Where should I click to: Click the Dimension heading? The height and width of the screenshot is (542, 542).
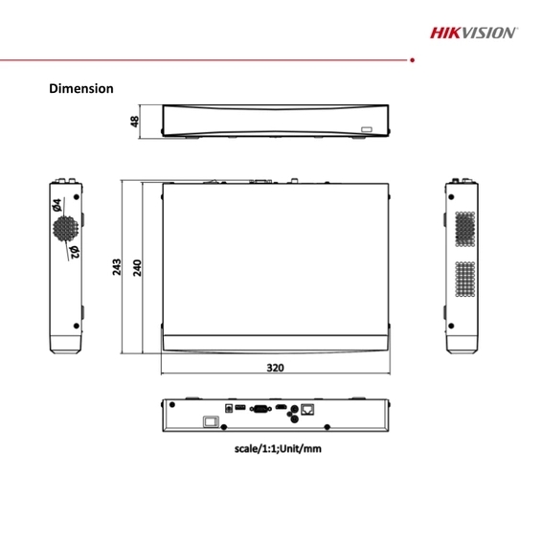[x=81, y=88]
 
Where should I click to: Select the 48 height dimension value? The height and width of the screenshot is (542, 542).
[x=135, y=122]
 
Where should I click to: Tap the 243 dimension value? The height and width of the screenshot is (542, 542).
[x=117, y=265]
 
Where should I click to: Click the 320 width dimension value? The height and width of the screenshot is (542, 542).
[x=275, y=367]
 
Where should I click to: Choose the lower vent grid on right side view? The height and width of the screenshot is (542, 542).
[x=464, y=281]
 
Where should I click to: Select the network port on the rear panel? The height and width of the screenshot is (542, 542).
[x=306, y=409]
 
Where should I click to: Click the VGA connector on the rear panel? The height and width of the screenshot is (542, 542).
[x=258, y=409]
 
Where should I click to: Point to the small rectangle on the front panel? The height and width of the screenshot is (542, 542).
[x=366, y=126]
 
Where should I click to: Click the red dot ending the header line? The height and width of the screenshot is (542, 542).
[x=411, y=59]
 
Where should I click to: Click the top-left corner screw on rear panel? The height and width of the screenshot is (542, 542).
[x=174, y=407]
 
